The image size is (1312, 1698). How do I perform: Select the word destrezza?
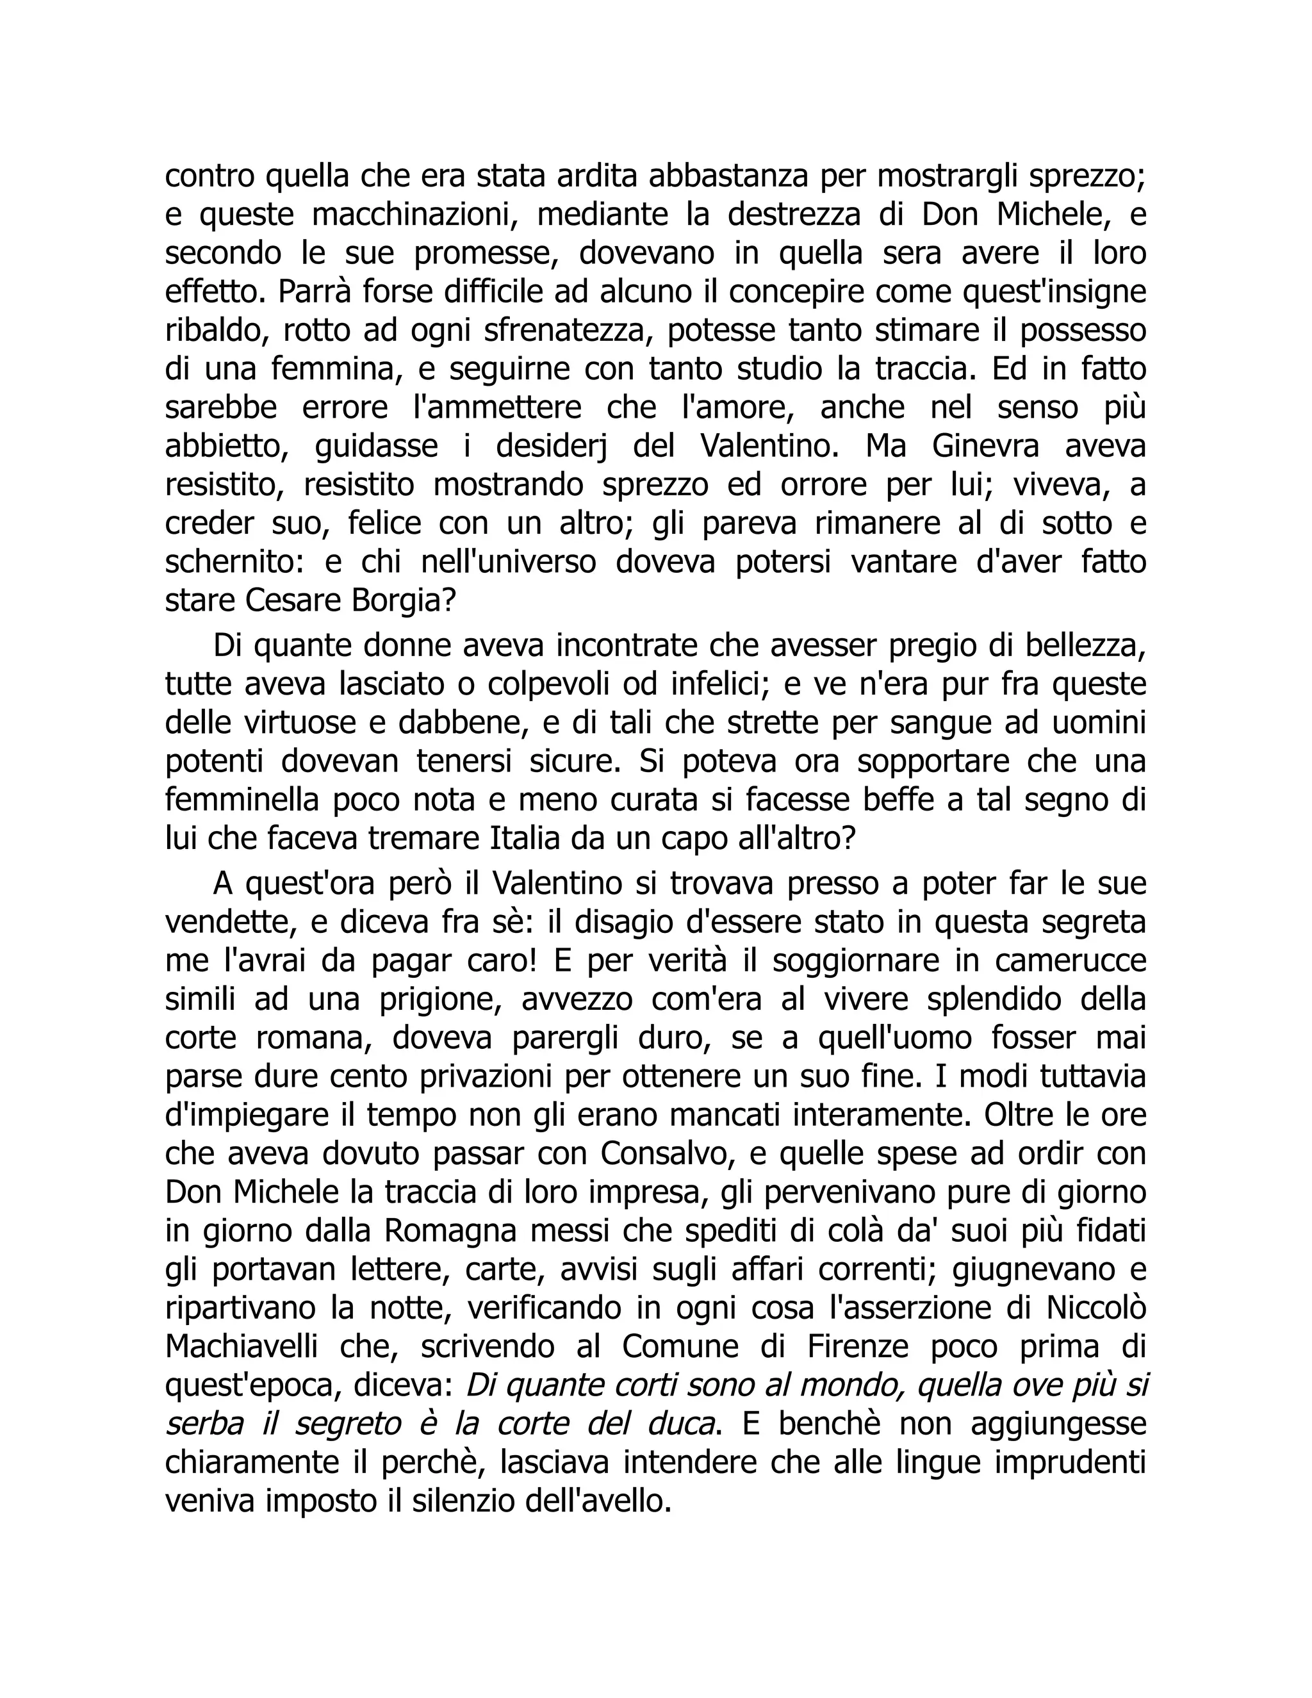[794, 215]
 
